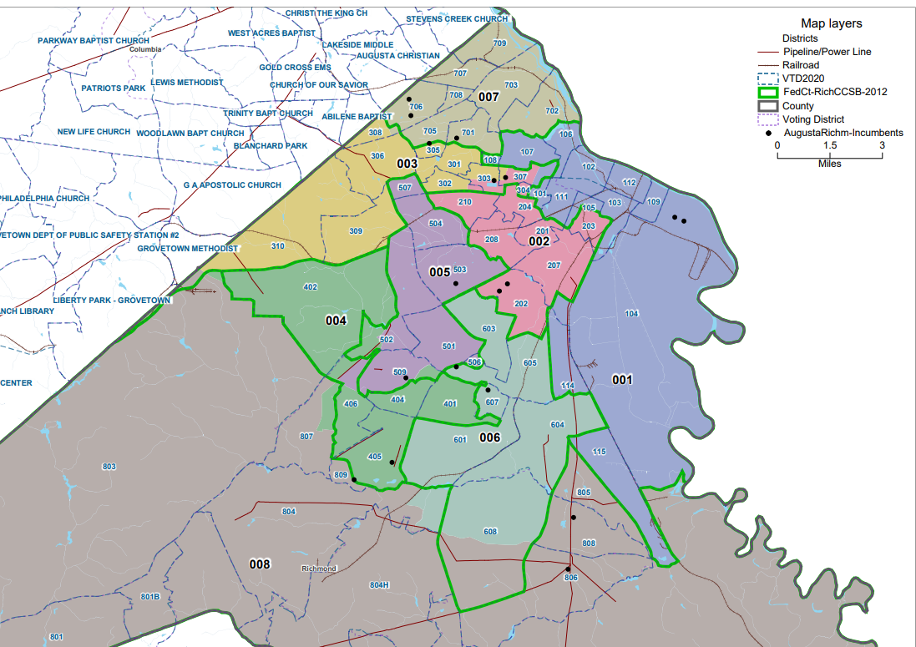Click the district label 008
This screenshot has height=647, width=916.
point(261,565)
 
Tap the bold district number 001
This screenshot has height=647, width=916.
point(623,380)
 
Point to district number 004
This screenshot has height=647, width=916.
point(337,320)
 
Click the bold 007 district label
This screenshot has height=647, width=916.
point(489,98)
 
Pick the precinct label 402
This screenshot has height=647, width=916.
point(311,287)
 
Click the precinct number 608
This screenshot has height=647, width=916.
point(490,532)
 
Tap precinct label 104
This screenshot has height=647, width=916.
point(631,313)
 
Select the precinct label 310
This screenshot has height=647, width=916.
point(278,246)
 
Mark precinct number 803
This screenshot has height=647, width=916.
point(109,466)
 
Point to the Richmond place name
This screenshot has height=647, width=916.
point(318,569)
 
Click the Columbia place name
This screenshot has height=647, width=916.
point(144,49)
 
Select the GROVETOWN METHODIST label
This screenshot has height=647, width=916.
point(188,249)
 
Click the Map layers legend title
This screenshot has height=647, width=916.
point(831,23)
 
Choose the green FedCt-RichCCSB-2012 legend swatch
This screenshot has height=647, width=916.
point(767,92)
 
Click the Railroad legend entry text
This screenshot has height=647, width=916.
point(800,65)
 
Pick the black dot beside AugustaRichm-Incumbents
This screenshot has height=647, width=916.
point(767,133)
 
